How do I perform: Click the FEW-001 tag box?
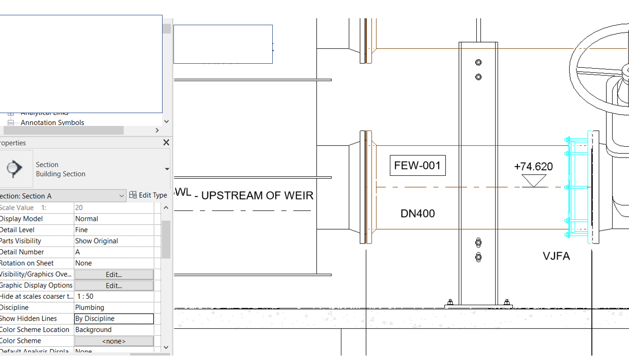coord(418,166)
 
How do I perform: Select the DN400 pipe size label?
coord(418,214)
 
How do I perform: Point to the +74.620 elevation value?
coord(533,167)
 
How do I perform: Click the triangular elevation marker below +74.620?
coord(534,181)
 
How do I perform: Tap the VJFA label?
coord(556,256)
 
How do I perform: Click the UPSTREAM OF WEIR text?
coord(257,196)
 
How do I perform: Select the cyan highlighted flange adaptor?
coord(578,187)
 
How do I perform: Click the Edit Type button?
coord(148,195)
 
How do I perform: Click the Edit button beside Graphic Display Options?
coord(114,285)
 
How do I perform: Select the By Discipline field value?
coord(114,319)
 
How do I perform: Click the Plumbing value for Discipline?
coord(89,307)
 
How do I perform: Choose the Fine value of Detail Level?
coord(82,230)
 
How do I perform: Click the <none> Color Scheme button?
coord(114,341)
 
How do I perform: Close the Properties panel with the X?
coord(166,143)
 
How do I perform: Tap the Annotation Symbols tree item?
coord(52,122)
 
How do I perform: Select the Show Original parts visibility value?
coord(96,241)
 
